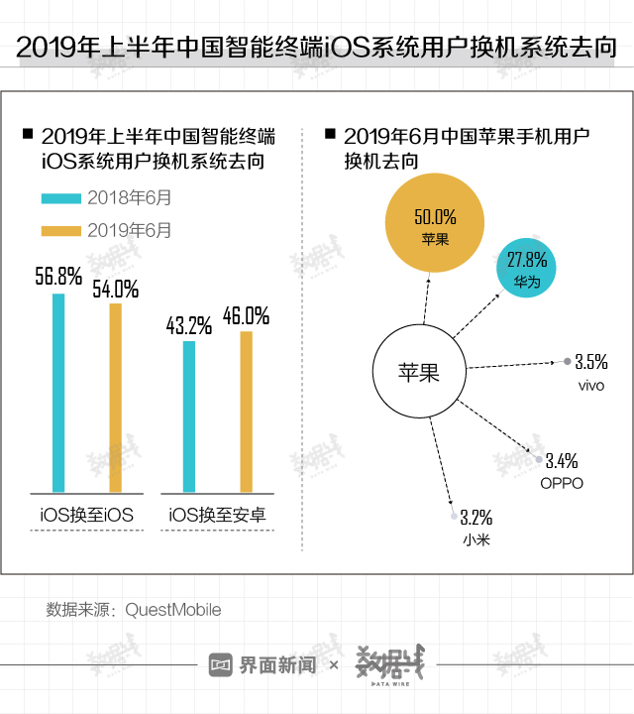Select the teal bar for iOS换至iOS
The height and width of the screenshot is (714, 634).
(x=58, y=393)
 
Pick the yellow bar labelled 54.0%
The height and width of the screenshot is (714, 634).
(x=115, y=398)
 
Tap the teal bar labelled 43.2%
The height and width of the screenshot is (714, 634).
(x=188, y=416)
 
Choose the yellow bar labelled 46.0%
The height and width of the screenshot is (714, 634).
(x=246, y=412)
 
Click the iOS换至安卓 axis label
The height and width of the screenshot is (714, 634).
(x=218, y=515)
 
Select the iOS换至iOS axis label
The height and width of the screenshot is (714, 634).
(x=86, y=515)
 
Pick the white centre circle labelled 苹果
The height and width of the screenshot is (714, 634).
(x=418, y=374)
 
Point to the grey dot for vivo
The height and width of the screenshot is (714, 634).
(x=567, y=362)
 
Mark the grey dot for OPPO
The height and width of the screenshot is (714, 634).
(x=538, y=459)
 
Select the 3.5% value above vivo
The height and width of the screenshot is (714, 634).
(x=591, y=362)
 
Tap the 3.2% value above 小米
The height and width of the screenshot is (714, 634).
(x=475, y=518)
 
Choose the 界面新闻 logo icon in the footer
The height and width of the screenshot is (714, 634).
(x=220, y=664)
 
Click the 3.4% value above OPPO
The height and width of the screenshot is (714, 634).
(x=562, y=460)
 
